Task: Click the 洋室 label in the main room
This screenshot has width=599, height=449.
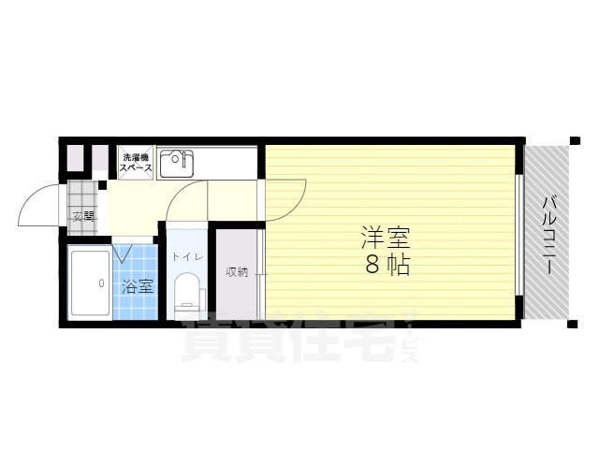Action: pos(386,237)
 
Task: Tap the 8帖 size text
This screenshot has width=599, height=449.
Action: pos(386,265)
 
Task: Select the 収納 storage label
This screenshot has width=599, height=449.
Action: pos(237,272)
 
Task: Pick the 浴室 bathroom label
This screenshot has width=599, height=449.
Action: pos(137,287)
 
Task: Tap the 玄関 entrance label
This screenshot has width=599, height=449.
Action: pos(83,217)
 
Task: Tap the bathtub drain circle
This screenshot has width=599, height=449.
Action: pos(98,282)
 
